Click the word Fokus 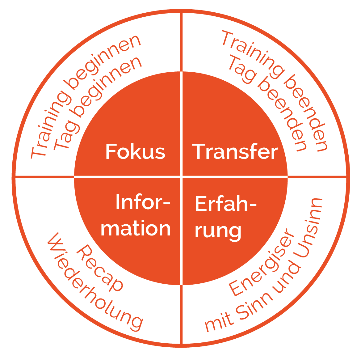135,151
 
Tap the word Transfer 235,151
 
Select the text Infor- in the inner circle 143,202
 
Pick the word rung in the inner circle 218,231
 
